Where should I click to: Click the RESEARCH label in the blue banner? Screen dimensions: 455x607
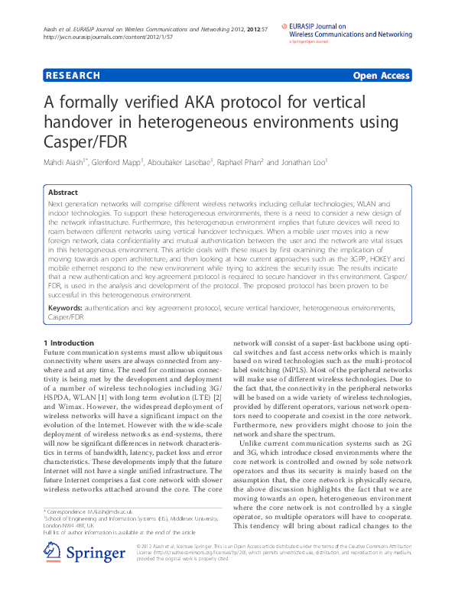[73, 75]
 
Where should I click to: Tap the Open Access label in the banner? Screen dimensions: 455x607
[381, 75]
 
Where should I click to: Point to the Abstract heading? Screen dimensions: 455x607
[63, 193]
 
